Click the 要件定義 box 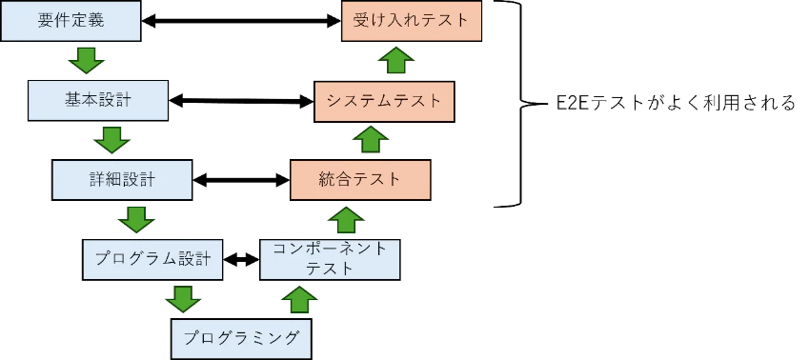[71, 21]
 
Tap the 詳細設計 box [123, 179]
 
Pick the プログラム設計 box [152, 258]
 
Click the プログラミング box [240, 337]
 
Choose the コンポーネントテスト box [330, 258]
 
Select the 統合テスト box [360, 179]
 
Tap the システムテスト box [384, 100]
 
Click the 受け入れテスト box [412, 21]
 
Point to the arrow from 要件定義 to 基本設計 [87, 61]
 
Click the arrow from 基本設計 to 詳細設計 [111, 140]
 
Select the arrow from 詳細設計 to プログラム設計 [136, 219]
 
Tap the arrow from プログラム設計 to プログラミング [182, 299]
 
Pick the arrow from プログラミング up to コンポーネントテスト [300, 299]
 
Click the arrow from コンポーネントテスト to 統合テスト [346, 219]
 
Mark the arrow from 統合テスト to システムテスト [371, 140]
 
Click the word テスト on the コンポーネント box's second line [330, 269]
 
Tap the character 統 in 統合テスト [328, 179]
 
